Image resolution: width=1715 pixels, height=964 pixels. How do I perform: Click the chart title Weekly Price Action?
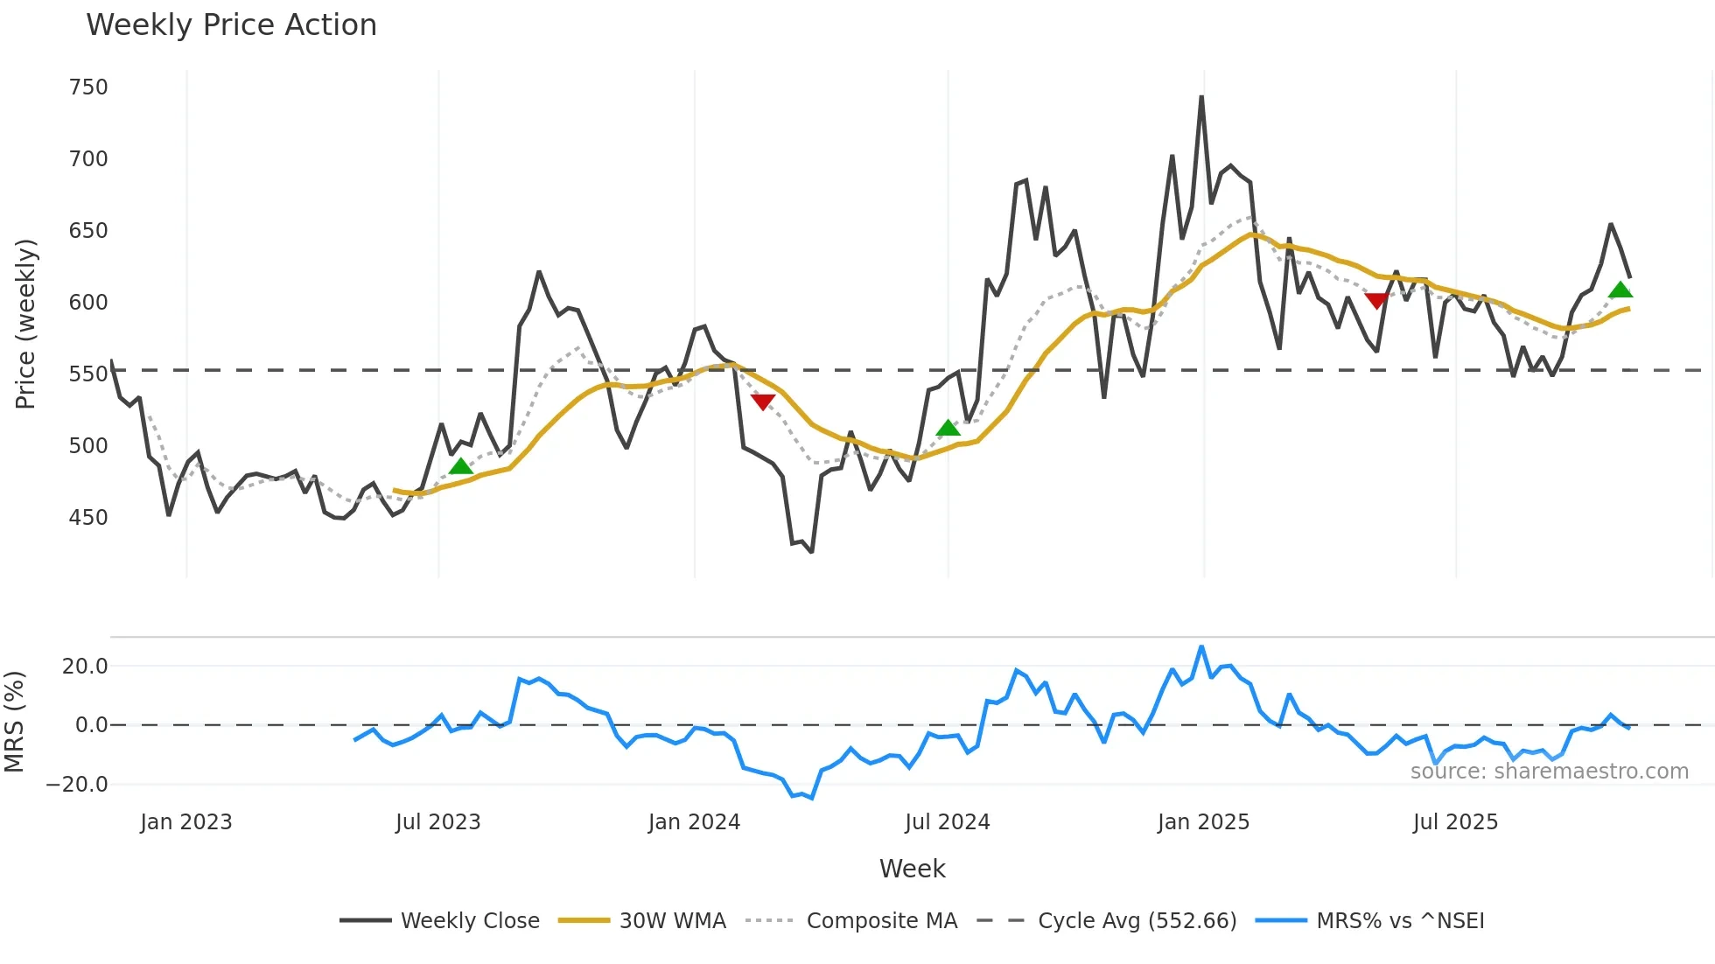(231, 25)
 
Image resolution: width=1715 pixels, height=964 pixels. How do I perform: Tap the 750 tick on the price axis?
(88, 87)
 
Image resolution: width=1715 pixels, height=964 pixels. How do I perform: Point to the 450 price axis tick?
(88, 518)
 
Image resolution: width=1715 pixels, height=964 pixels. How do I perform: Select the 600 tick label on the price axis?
(88, 303)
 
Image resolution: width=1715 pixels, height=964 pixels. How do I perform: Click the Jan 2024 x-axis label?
(694, 822)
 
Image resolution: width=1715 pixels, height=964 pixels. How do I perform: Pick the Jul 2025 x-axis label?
(1455, 822)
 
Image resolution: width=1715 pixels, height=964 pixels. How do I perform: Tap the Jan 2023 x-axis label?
(185, 822)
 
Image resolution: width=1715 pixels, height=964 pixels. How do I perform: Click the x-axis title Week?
(912, 869)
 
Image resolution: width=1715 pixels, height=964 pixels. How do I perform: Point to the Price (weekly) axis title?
(25, 324)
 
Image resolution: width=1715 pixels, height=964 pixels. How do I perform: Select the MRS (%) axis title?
(14, 722)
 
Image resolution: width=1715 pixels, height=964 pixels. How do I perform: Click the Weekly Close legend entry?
(470, 921)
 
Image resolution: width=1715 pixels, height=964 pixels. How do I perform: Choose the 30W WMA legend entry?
(672, 921)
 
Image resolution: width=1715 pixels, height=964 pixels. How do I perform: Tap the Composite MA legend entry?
(881, 921)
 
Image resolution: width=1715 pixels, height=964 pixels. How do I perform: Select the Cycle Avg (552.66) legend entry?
(1137, 921)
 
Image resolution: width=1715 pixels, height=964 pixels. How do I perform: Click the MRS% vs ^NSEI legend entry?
(1400, 921)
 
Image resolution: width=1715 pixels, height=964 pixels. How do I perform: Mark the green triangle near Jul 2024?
(948, 428)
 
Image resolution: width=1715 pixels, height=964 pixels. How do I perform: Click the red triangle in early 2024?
(763, 402)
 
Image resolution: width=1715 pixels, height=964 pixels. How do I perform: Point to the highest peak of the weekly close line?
(1201, 97)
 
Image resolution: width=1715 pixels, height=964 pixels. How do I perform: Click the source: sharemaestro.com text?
(1549, 772)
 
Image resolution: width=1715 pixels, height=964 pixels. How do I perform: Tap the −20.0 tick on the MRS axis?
(77, 785)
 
